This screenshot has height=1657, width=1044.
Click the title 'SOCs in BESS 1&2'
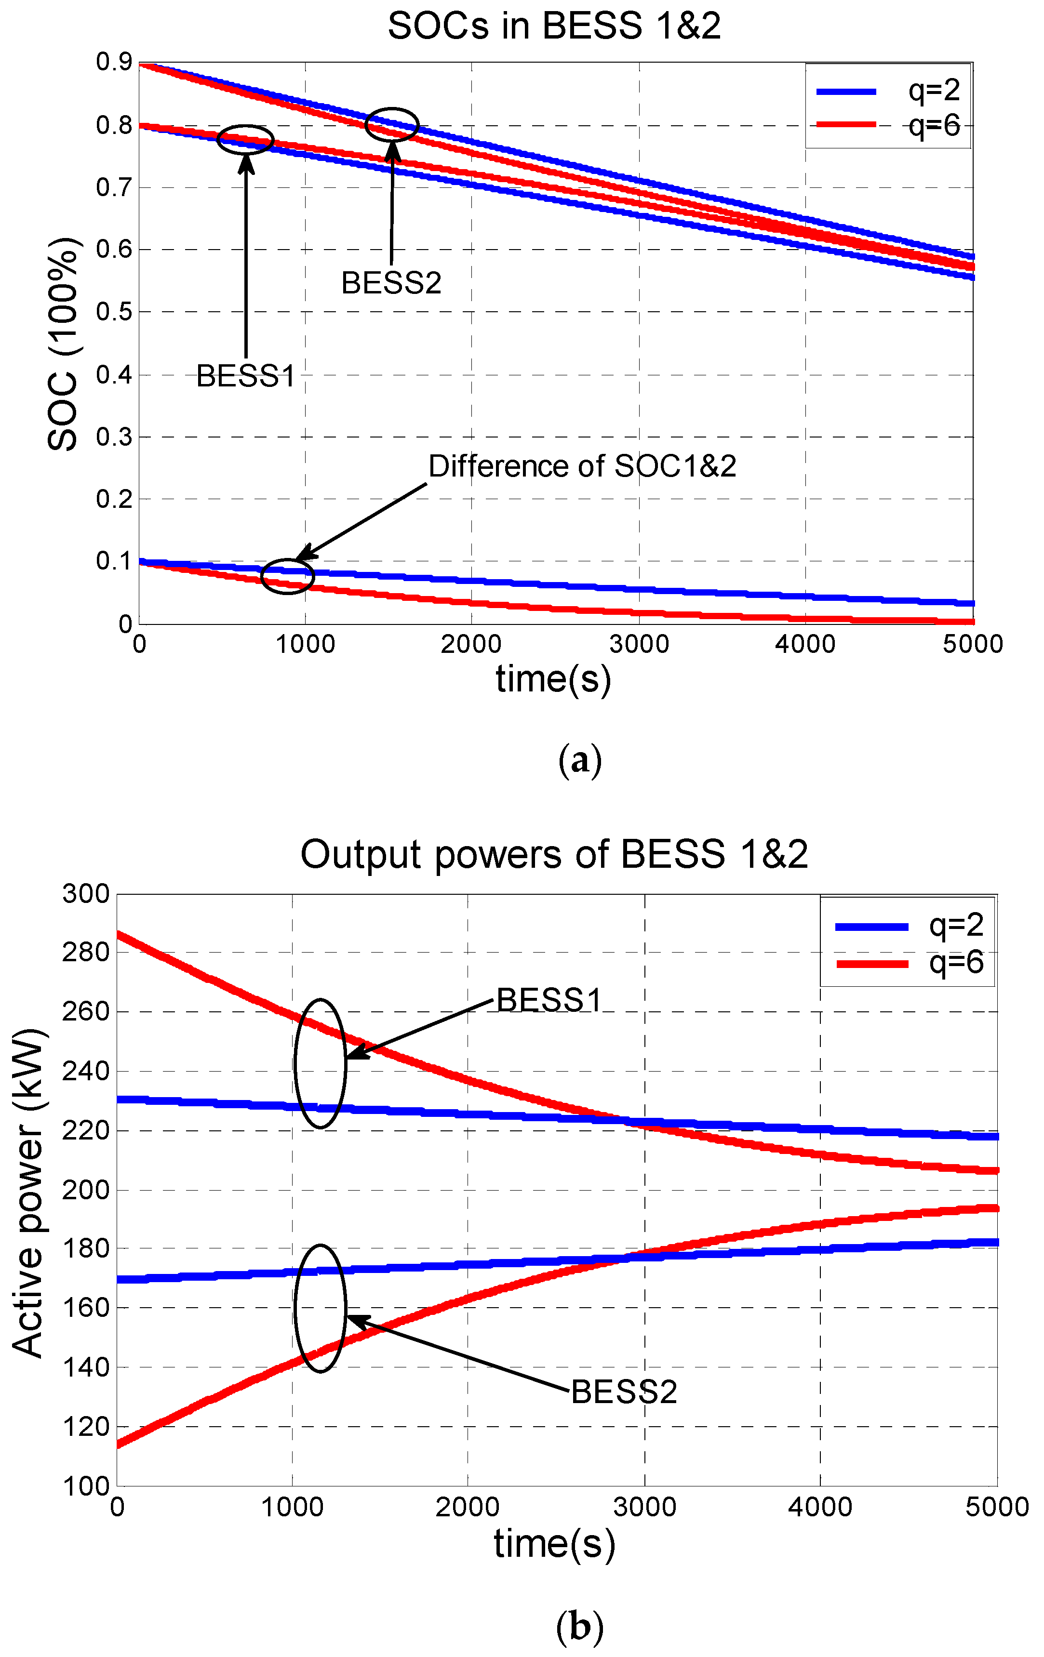[554, 26]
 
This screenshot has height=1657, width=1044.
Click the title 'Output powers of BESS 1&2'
[554, 855]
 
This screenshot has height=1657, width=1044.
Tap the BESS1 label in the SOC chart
[246, 376]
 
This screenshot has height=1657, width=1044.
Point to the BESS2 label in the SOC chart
[391, 283]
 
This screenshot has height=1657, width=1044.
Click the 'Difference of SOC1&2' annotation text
[582, 466]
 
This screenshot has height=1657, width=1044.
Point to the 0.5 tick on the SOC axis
[114, 312]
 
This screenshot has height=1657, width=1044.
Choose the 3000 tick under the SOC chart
[639, 644]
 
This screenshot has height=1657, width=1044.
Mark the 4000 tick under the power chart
[820, 1507]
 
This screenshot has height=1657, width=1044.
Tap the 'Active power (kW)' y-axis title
[27, 1191]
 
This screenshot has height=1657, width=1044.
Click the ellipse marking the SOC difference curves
[287, 576]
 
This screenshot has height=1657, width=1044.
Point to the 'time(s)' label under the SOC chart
[553, 680]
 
